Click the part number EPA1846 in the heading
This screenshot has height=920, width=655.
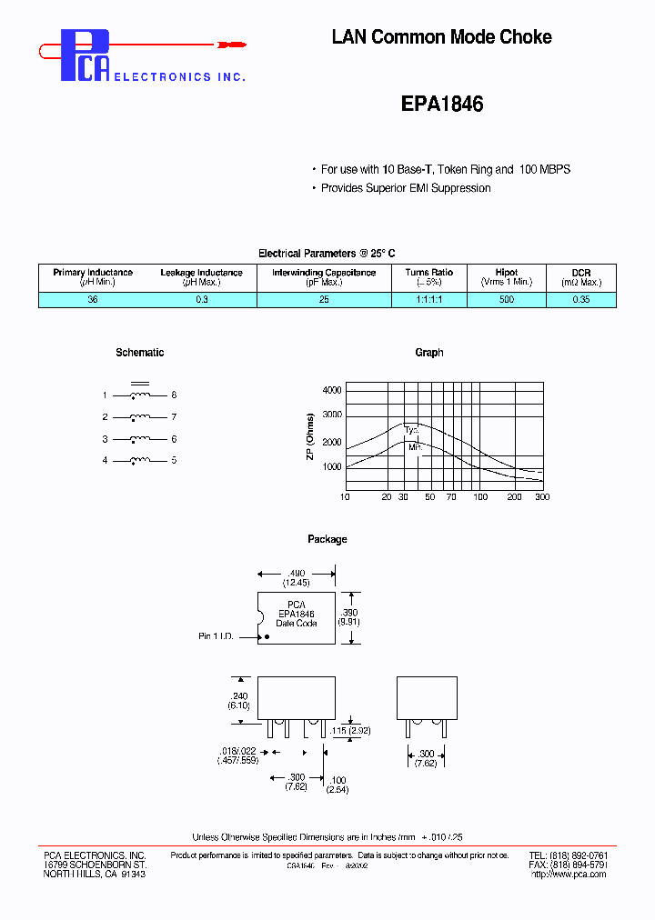(442, 105)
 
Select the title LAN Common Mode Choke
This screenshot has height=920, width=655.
(441, 37)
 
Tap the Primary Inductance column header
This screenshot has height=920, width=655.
(93, 273)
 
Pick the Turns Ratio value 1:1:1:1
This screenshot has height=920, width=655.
(429, 299)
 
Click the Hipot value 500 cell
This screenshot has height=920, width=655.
(506, 299)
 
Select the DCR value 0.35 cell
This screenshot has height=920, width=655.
(581, 299)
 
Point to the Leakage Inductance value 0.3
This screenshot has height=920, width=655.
(201, 299)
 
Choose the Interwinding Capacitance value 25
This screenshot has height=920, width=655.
(324, 299)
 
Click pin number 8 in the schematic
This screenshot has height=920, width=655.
(174, 395)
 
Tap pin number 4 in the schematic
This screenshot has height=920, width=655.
(105, 461)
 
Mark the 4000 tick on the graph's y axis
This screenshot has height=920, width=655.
(332, 390)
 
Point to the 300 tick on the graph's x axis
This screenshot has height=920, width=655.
(541, 497)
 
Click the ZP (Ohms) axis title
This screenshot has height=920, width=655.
(311, 436)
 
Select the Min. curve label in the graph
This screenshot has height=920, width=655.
(415, 446)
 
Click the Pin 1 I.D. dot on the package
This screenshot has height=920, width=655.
(267, 636)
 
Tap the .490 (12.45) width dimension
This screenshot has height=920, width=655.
(297, 576)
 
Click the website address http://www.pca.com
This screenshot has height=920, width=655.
(569, 875)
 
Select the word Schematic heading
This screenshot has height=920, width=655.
(140, 353)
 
